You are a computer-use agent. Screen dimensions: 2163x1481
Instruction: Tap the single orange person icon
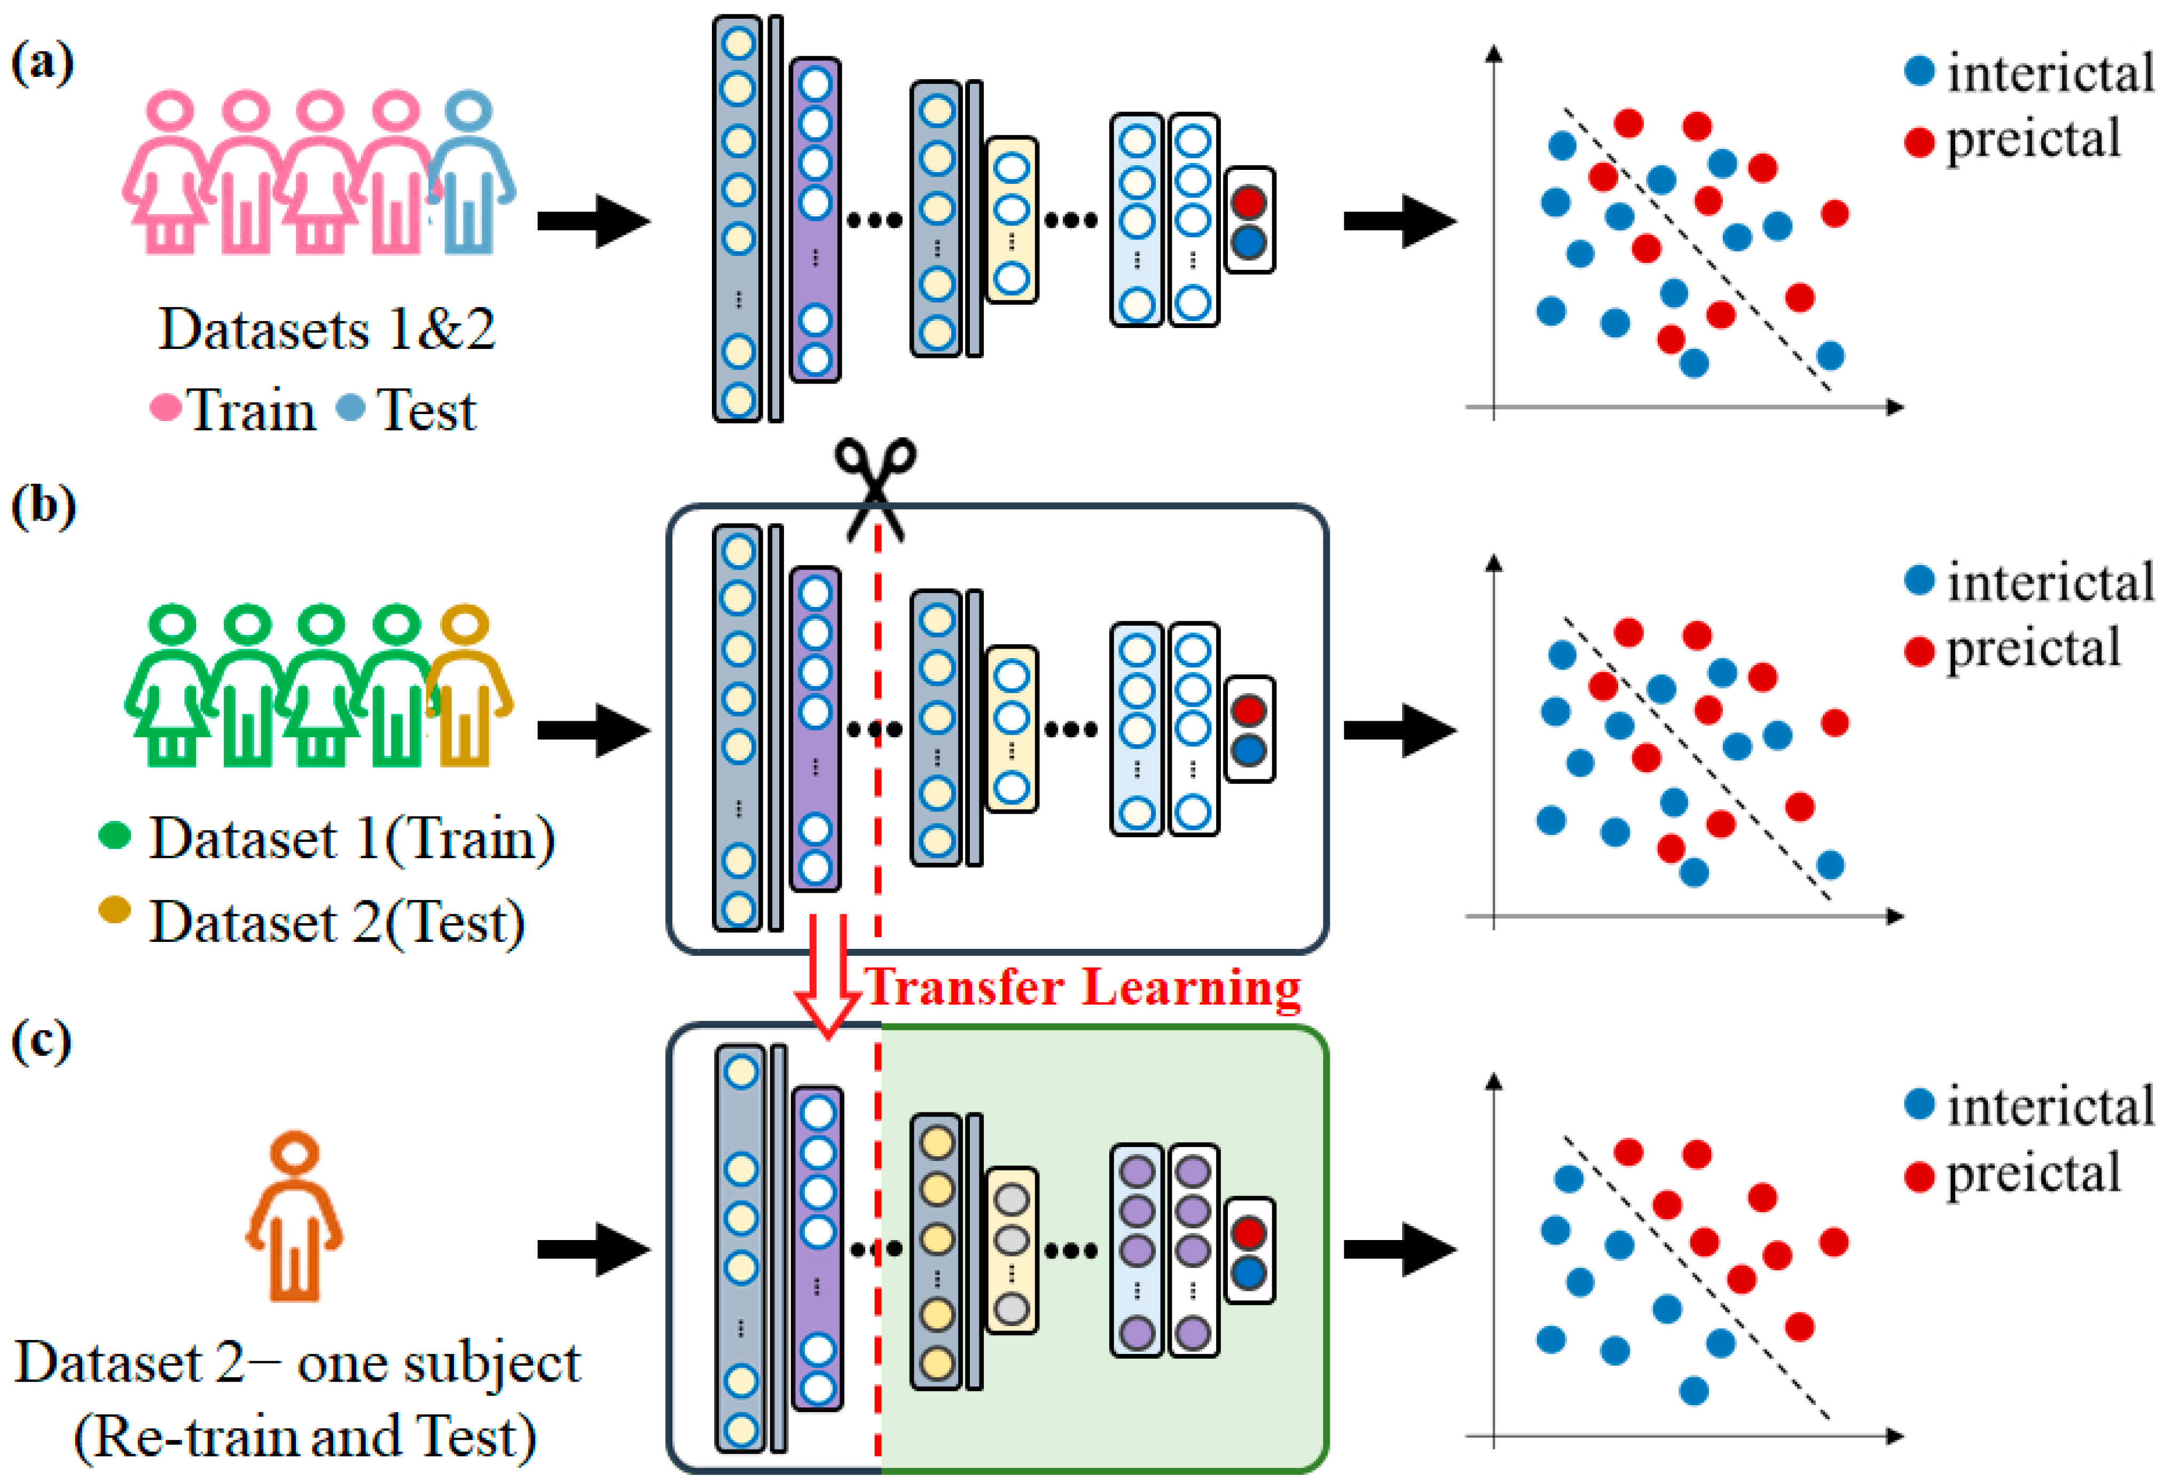pos(294,1215)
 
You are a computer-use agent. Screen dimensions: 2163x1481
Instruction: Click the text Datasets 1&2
pos(327,330)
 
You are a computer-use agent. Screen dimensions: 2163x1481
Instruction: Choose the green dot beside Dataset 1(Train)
pos(114,835)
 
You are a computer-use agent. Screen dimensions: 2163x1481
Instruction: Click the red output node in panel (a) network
pos(1249,201)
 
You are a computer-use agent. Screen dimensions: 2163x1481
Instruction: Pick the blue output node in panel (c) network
pos(1249,1273)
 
